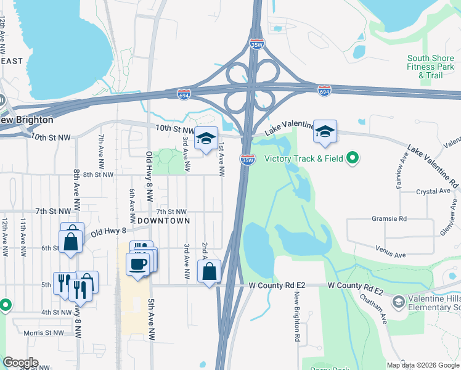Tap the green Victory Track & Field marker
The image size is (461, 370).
353,159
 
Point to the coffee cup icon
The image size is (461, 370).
137,263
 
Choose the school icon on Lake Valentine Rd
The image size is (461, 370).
325,131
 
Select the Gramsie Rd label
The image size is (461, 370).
389,219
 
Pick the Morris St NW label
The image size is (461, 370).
43,332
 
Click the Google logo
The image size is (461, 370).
20,363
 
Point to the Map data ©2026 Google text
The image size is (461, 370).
422,365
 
